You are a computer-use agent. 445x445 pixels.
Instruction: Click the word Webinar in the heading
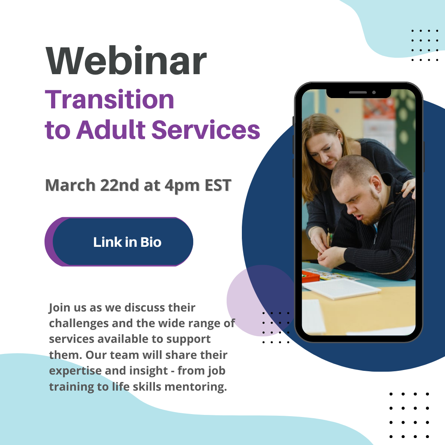pyautogui.click(x=126, y=62)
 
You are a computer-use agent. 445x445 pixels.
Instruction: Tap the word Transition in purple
pyautogui.click(x=110, y=100)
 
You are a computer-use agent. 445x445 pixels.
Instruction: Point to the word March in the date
pyautogui.click(x=70, y=185)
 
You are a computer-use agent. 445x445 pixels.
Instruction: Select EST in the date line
pyautogui.click(x=218, y=185)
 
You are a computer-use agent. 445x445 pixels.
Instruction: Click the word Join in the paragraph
pyautogui.click(x=59, y=308)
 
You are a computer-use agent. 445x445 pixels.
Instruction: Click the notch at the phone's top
pyautogui.click(x=358, y=93)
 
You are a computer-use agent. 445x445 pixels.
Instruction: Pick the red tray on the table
pyautogui.click(x=310, y=276)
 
